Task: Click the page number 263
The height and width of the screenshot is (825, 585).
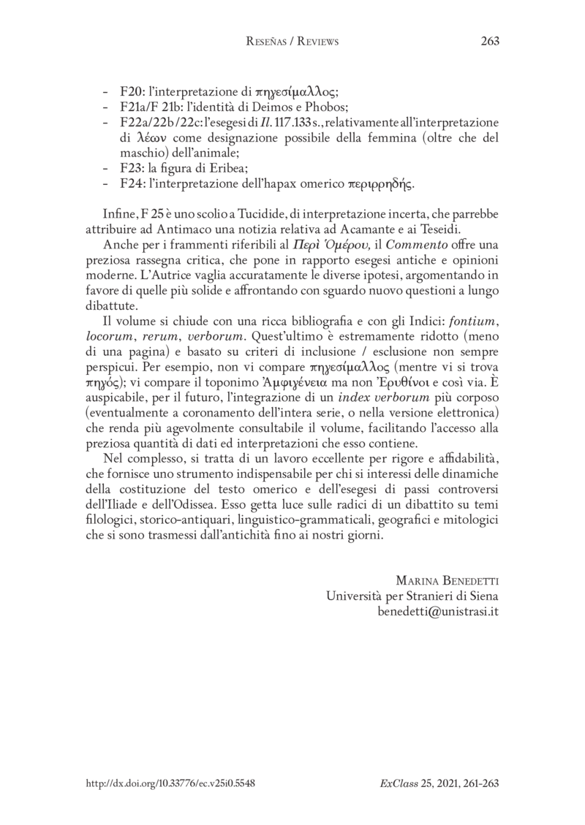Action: point(489,42)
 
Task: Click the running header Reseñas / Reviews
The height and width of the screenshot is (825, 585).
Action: point(292,42)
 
